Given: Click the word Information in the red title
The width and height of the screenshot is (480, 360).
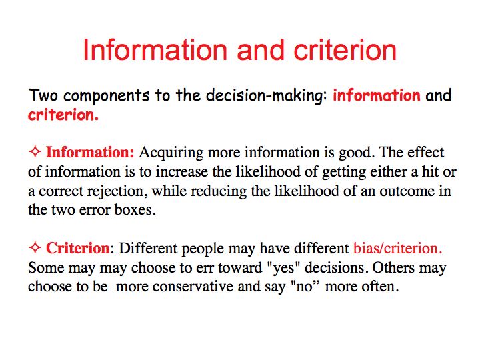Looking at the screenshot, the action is [x=155, y=50].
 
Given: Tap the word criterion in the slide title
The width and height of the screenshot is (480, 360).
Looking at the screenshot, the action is [x=345, y=50].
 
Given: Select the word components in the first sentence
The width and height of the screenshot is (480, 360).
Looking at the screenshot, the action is [x=106, y=96].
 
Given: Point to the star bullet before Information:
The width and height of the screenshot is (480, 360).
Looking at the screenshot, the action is [x=35, y=152].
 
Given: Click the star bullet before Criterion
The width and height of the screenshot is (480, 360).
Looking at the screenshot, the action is [x=35, y=247].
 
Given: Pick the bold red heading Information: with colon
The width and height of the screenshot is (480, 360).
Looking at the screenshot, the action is [x=90, y=152].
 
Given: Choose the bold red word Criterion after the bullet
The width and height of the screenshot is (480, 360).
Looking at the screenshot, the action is [x=78, y=248].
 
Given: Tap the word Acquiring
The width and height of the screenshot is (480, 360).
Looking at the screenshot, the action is [x=171, y=153].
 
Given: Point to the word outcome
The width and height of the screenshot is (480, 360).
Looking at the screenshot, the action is [x=407, y=191].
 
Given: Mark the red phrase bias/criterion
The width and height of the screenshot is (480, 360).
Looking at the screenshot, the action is [x=397, y=248].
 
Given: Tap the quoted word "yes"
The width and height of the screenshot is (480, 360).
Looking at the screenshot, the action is [x=283, y=268].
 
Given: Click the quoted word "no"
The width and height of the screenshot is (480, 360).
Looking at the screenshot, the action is [x=304, y=287].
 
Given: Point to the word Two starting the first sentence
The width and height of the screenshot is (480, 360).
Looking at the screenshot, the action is [x=43, y=95].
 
